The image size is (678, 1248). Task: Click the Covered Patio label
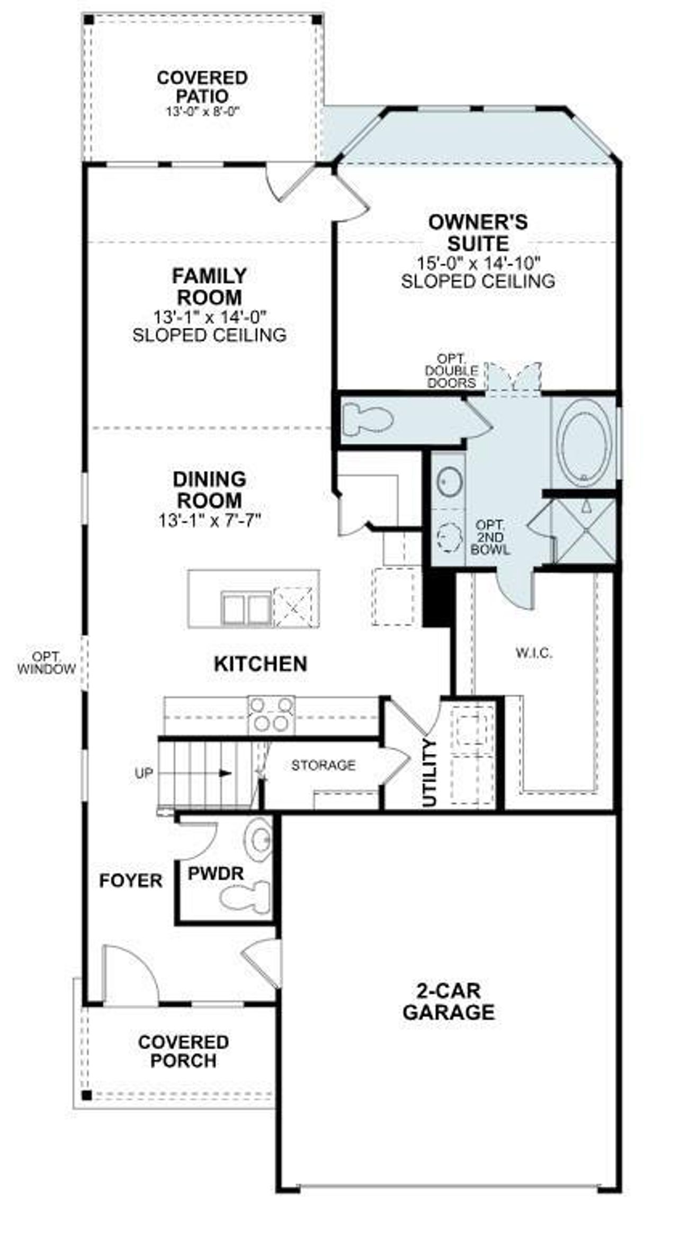tap(202, 86)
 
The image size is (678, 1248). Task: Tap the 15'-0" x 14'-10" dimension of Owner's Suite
tap(477, 262)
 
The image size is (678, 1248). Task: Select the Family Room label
tap(210, 286)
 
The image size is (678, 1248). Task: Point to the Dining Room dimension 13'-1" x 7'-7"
tap(210, 521)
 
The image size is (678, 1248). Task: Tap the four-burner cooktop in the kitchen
tap(271, 715)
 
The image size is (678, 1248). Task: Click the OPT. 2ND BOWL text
tap(490, 537)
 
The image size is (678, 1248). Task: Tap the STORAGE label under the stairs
tap(323, 764)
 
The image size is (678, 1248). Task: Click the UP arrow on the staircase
tap(225, 772)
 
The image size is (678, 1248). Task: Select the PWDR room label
tap(216, 873)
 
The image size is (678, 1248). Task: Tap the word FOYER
tap(131, 881)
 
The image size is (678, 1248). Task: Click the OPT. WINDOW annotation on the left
tap(46, 663)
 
